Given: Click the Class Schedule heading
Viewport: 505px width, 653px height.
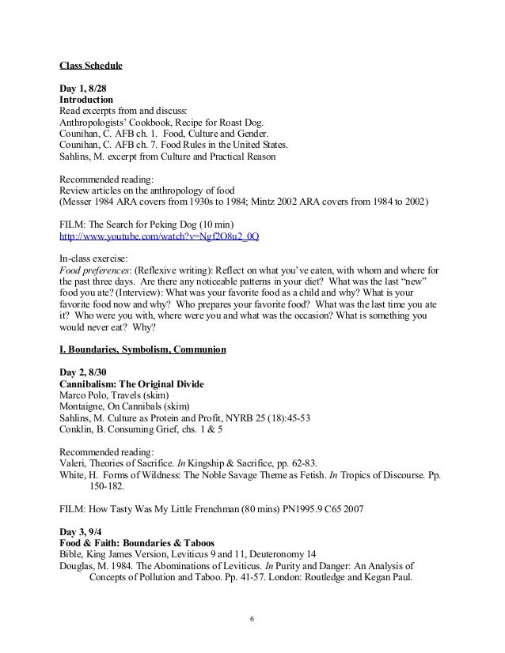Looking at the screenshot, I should point(91,65).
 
